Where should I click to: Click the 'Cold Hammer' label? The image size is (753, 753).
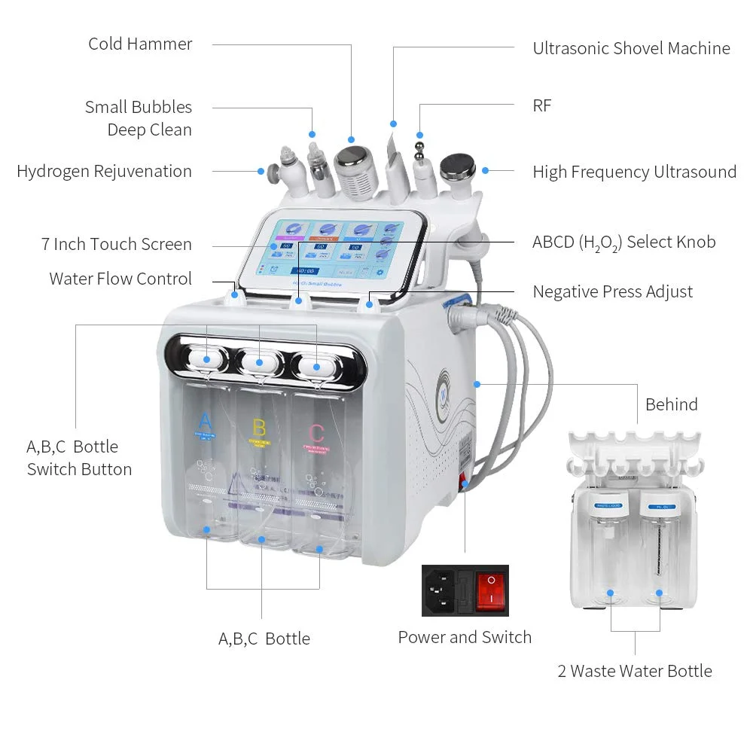(x=140, y=44)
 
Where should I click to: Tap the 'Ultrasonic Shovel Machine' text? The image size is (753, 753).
(x=631, y=48)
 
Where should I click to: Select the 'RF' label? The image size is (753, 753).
(x=542, y=105)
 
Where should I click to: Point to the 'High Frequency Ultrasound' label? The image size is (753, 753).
(x=634, y=172)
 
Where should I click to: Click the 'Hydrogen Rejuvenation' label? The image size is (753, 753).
(x=104, y=171)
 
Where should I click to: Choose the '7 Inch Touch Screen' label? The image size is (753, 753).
(x=117, y=244)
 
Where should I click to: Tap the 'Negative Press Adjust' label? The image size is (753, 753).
(x=612, y=291)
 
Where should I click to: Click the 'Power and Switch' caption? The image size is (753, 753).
(x=465, y=637)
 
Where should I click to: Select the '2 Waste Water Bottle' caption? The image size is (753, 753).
(x=634, y=671)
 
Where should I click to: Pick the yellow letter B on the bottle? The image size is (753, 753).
(x=259, y=428)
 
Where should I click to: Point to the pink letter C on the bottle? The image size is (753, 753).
(x=317, y=433)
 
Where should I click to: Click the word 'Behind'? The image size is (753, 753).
(x=671, y=404)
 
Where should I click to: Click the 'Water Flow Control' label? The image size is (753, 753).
(x=120, y=279)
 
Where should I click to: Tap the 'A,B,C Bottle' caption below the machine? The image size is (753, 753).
(x=264, y=639)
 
